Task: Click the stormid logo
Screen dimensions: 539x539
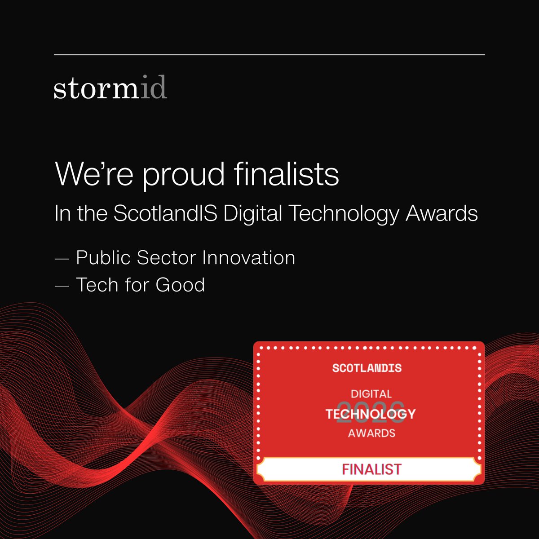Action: (x=110, y=88)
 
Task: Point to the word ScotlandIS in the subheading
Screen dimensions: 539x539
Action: (x=165, y=213)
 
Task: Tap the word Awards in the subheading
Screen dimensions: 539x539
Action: (x=442, y=213)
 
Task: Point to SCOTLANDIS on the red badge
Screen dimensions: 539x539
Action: (x=367, y=368)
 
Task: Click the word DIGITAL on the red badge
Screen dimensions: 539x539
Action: (x=371, y=394)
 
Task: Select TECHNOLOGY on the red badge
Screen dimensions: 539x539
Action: (x=371, y=414)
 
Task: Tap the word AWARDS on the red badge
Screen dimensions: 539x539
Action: (x=371, y=433)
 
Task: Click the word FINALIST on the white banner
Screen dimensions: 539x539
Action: (x=371, y=469)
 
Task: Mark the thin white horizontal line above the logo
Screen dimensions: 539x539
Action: (x=269, y=55)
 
